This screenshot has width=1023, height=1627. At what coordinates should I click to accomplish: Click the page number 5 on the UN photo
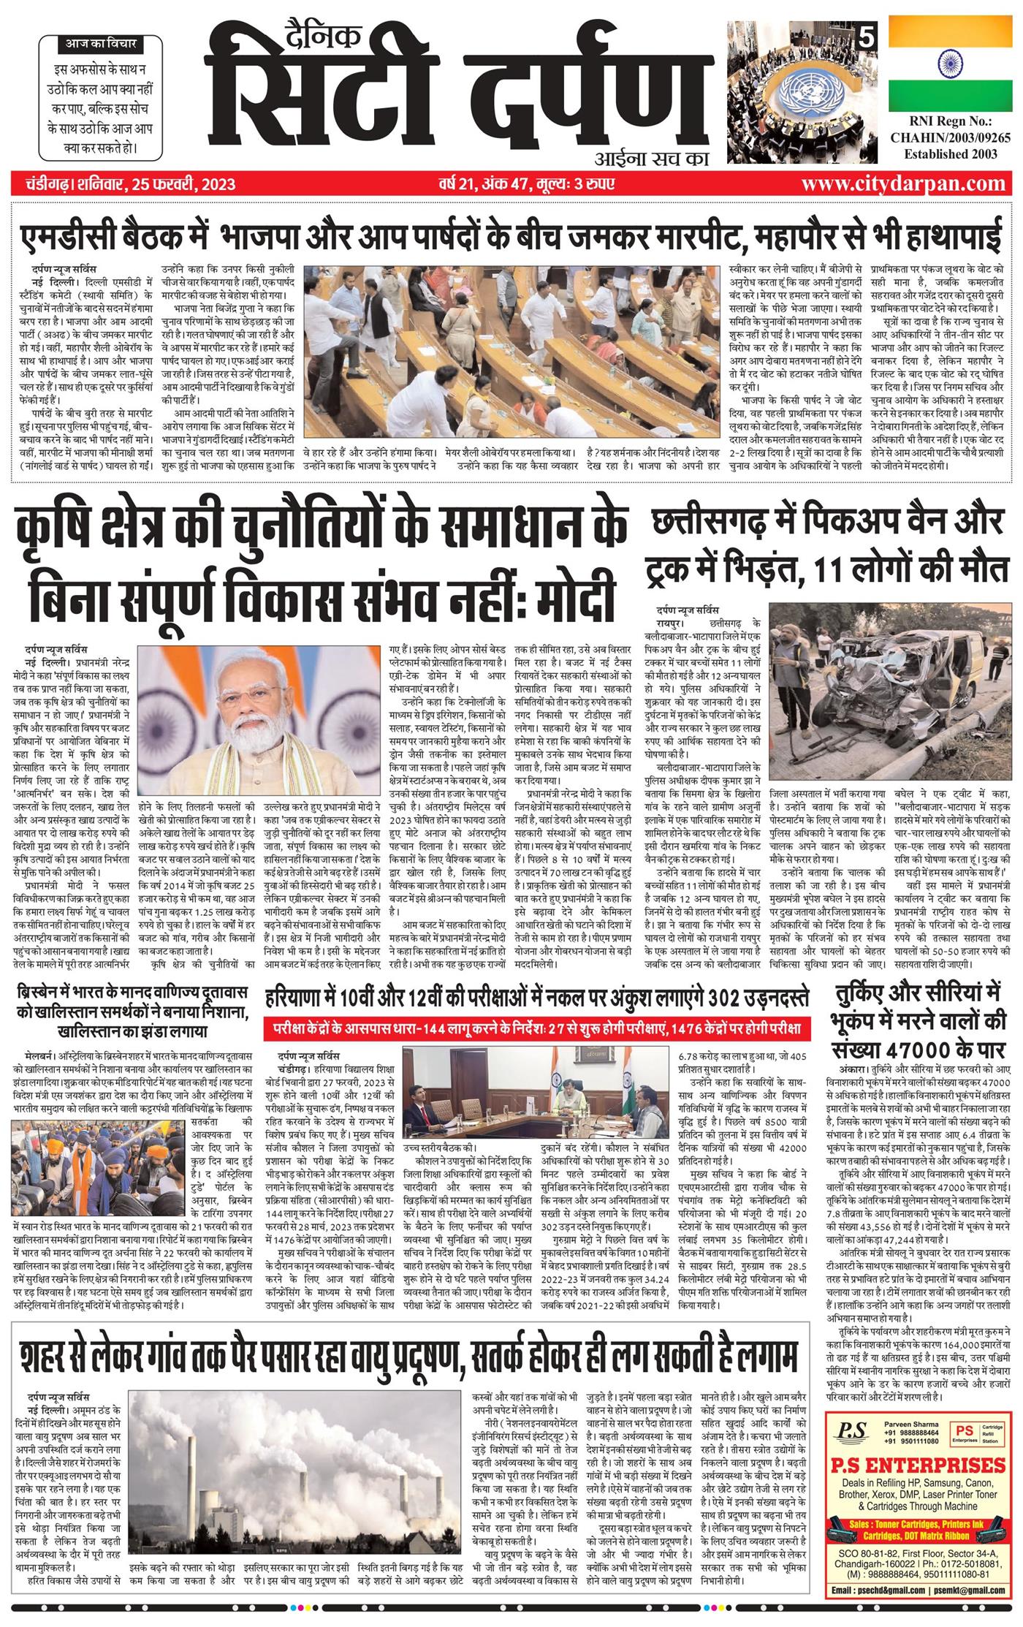(x=867, y=34)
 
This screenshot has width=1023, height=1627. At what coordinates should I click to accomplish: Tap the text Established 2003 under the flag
(x=949, y=155)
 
